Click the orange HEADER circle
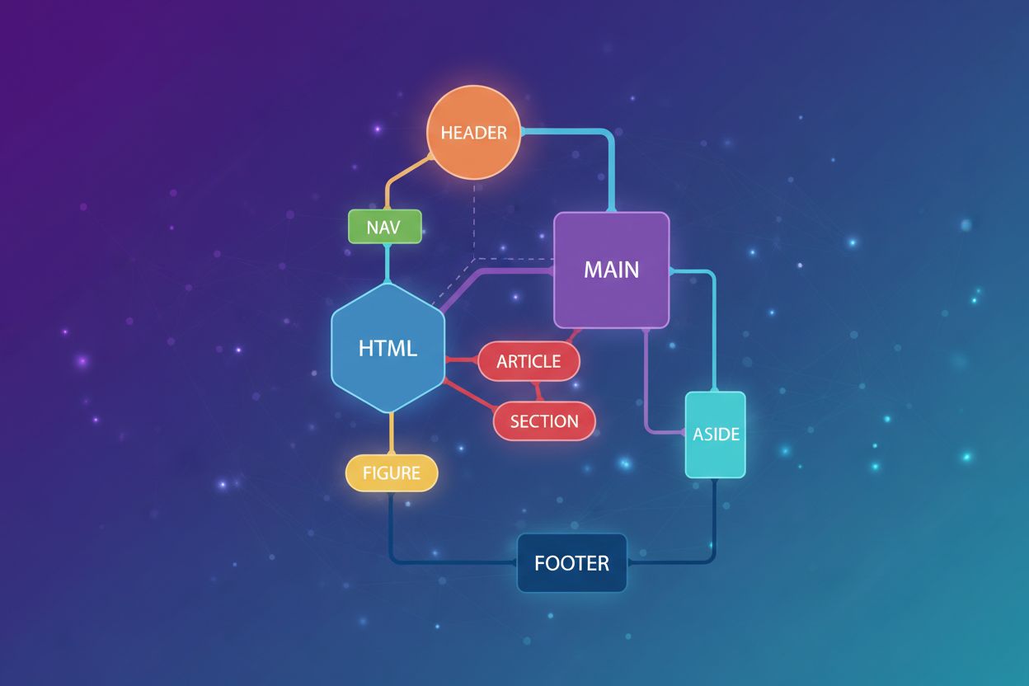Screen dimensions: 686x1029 coord(473,134)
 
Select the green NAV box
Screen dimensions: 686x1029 coord(385,227)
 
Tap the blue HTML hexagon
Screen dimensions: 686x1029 coord(388,347)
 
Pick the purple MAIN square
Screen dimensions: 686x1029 coord(611,270)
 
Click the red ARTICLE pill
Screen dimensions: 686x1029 coord(529,361)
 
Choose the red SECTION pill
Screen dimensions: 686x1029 coord(544,421)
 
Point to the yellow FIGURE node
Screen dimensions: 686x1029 coord(391,473)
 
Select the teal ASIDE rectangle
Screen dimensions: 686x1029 coord(716,435)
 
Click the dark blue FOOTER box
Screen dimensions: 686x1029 coord(571,563)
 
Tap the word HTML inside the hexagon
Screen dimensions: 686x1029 coord(388,348)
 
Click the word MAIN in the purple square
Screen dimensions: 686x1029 coord(611,270)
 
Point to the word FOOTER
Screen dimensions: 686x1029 coord(571,564)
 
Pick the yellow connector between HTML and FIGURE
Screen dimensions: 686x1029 coord(391,433)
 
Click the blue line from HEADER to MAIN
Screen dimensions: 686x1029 coord(611,165)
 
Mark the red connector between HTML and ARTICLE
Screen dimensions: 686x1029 coord(462,360)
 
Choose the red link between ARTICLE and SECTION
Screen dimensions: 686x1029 coord(537,392)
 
